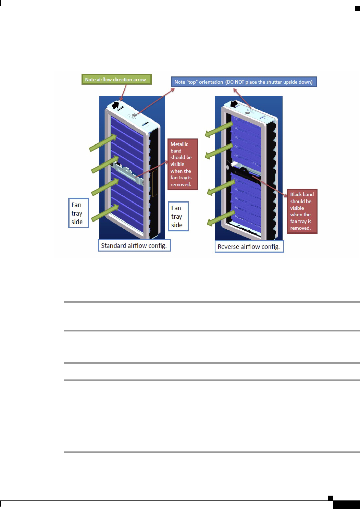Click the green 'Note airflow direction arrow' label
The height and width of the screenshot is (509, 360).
pyautogui.click(x=116, y=80)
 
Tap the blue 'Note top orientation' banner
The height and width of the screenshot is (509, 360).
pyautogui.click(x=244, y=82)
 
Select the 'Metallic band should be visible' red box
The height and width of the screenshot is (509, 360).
pyautogui.click(x=183, y=164)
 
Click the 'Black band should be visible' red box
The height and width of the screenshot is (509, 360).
pyautogui.click(x=302, y=211)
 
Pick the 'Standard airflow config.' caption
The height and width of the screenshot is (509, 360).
pyautogui.click(x=134, y=246)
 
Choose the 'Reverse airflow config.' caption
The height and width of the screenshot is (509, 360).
pyautogui.click(x=249, y=247)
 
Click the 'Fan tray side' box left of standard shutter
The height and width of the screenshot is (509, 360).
pyautogui.click(x=78, y=213)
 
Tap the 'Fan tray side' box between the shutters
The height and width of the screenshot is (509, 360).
pyautogui.click(x=178, y=216)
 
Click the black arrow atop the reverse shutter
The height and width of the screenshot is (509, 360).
pyautogui.click(x=235, y=104)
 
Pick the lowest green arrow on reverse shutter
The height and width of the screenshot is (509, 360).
pyautogui.click(x=221, y=218)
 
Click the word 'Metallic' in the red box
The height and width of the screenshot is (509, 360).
pyautogui.click(x=179, y=144)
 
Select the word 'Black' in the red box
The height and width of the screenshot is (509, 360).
pyautogui.click(x=296, y=194)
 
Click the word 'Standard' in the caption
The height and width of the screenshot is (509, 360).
pyautogui.click(x=113, y=246)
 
